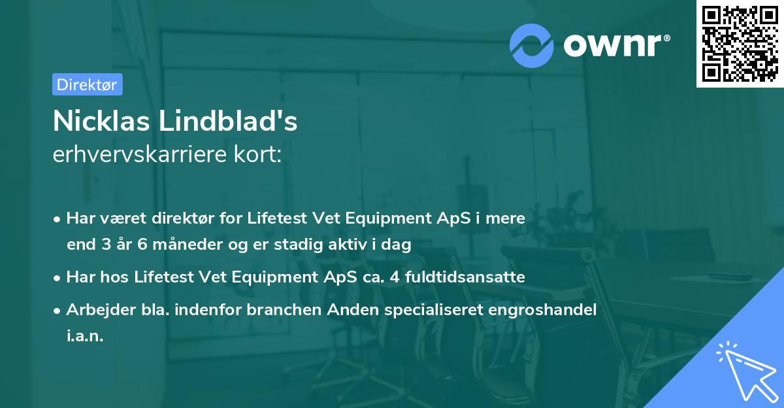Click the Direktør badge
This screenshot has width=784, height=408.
pyautogui.click(x=87, y=84)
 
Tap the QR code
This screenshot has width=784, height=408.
pyautogui.click(x=740, y=43)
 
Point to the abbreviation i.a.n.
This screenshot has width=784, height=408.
pyautogui.click(x=85, y=336)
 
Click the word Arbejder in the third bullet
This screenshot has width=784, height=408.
pyautogui.click(x=96, y=309)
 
